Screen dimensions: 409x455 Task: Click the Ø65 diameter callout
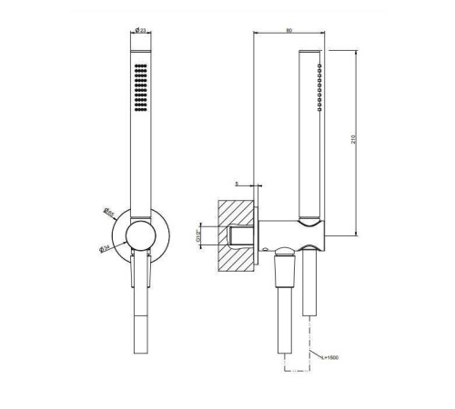(x=108, y=215)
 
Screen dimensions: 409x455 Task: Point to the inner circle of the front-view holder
(x=141, y=239)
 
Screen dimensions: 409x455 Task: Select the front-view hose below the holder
(x=141, y=327)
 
